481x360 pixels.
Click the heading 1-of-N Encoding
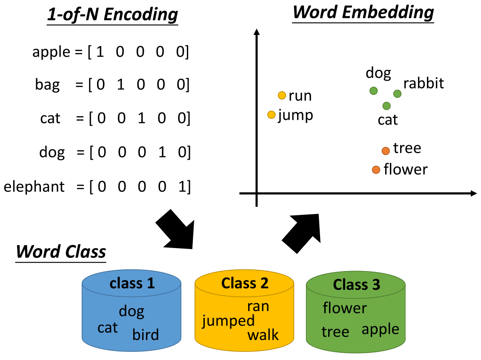[x=112, y=15]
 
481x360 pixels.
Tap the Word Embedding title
[x=363, y=12]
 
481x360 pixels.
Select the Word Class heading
[x=61, y=251]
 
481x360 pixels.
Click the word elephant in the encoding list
[x=34, y=186]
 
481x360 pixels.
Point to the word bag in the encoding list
[x=47, y=85]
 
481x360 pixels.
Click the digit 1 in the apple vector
[x=100, y=52]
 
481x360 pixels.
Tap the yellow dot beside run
[x=282, y=95]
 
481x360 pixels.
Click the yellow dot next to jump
[x=272, y=114]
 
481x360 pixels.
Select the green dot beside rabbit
[x=397, y=94]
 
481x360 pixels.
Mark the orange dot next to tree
[x=386, y=151]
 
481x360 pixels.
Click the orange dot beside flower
[x=376, y=170]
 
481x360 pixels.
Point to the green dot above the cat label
[x=387, y=106]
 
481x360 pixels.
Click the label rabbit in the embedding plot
[x=424, y=83]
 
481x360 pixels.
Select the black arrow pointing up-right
[x=301, y=233]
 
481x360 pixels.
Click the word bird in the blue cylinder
[x=146, y=334]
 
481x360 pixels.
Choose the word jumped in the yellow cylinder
[x=228, y=321]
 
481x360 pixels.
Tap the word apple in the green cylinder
[x=380, y=329]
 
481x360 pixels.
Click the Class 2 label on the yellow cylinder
[x=245, y=283]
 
